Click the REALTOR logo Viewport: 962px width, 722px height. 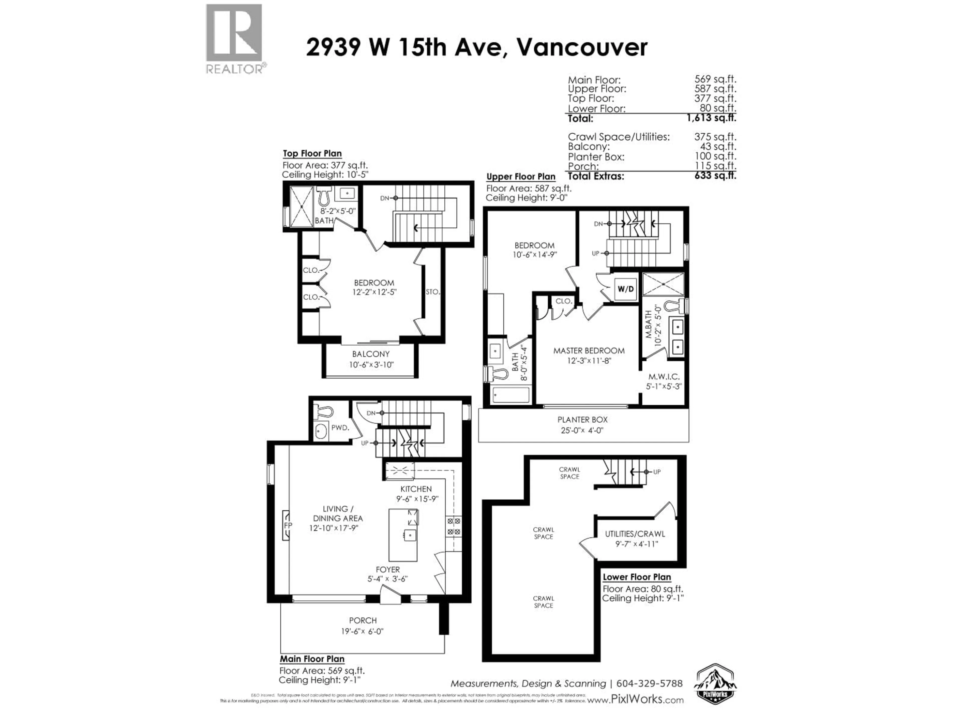pyautogui.click(x=234, y=38)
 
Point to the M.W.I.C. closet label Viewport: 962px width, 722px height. pyautogui.click(x=664, y=377)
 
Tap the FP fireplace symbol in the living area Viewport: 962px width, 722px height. pyautogui.click(x=287, y=525)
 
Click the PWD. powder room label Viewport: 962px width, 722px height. pyautogui.click(x=340, y=428)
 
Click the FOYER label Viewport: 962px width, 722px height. pyautogui.click(x=388, y=570)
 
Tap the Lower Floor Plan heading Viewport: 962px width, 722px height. pyautogui.click(x=637, y=577)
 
